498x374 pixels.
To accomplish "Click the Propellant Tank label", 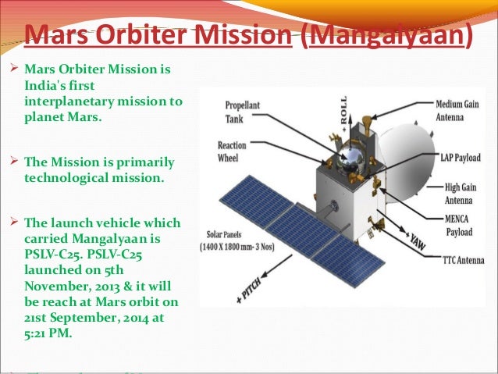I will pyautogui.click(x=244, y=111).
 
